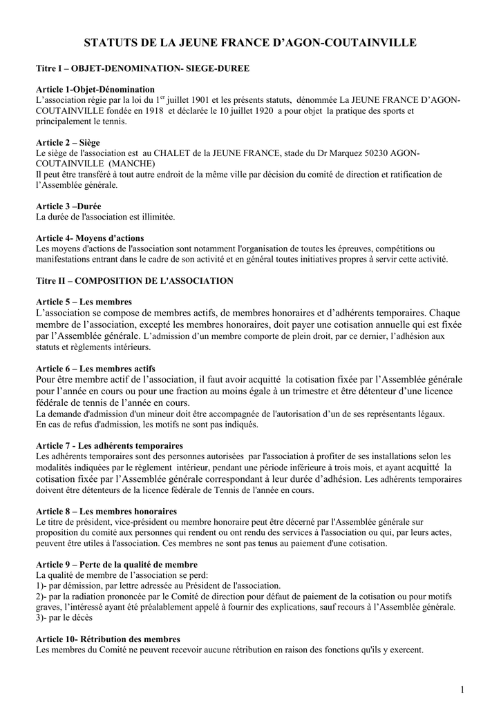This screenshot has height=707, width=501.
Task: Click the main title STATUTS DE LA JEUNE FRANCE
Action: (250, 43)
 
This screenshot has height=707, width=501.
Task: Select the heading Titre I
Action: (142, 70)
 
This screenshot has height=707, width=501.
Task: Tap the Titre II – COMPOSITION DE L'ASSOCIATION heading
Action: (134, 281)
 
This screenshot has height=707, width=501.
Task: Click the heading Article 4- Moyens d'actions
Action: (89, 238)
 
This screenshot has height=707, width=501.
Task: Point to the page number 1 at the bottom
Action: (462, 690)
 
